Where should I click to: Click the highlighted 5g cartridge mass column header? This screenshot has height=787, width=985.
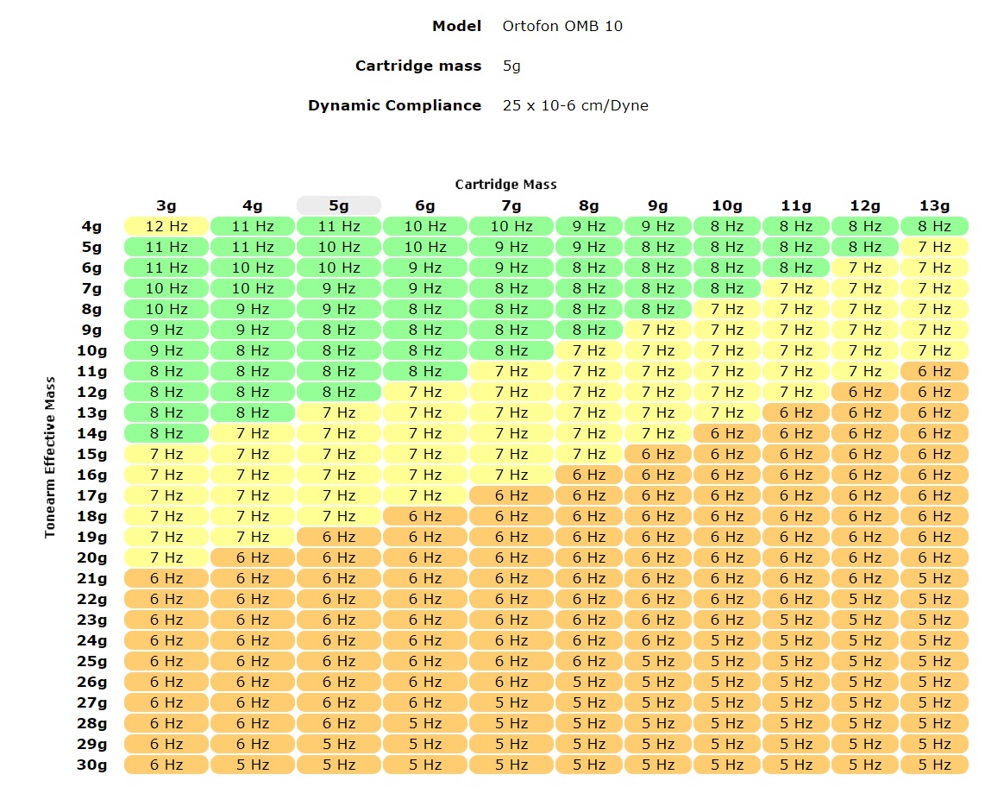tap(339, 205)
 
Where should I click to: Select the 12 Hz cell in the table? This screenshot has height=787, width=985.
tap(166, 226)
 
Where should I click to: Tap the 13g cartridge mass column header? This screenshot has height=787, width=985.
tap(934, 205)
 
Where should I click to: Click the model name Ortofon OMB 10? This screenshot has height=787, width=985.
tap(562, 26)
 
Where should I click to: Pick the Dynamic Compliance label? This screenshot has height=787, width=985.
tap(394, 105)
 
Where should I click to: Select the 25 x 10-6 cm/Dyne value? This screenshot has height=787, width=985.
tap(575, 105)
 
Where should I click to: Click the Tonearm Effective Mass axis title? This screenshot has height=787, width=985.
tap(51, 457)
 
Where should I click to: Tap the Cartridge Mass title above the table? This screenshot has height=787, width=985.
tap(506, 184)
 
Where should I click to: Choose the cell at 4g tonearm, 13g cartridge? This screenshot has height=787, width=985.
tap(934, 226)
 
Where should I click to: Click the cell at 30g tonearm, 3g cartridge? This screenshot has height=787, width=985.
tap(166, 765)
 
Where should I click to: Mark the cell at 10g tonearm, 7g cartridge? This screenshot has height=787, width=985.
tap(511, 350)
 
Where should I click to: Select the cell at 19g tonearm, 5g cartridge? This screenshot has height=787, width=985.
tap(339, 537)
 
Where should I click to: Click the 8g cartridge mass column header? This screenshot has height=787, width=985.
tap(589, 205)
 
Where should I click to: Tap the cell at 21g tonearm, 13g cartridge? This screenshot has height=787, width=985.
tap(934, 578)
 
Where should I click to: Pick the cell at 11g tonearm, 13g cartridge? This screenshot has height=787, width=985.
tap(934, 371)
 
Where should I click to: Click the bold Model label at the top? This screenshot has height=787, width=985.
tap(456, 26)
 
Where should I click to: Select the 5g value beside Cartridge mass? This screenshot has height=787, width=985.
tap(511, 66)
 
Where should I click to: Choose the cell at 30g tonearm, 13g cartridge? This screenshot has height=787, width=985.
tap(934, 765)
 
